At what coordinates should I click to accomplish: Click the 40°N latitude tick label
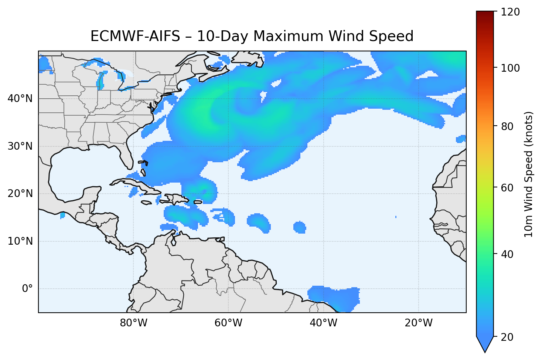[20, 99]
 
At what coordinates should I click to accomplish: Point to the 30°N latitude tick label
[20, 146]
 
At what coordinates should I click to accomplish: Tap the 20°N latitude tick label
[20, 194]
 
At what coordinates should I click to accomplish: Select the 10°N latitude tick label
[20, 241]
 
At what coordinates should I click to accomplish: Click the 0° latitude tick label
[27, 289]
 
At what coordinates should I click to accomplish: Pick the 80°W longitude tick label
[133, 323]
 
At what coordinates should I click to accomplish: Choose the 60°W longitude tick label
[228, 323]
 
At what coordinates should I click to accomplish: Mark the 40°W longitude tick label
[323, 323]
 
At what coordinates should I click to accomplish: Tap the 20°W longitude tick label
[418, 323]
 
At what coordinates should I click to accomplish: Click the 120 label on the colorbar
[511, 12]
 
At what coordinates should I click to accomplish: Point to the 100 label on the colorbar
[511, 68]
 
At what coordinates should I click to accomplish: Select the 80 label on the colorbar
[508, 126]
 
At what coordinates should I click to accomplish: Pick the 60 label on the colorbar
[508, 188]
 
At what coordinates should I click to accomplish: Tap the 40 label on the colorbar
[508, 254]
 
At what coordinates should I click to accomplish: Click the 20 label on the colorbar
[508, 337]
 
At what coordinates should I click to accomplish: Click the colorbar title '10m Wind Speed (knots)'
[529, 174]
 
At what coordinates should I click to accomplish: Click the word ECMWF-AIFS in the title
[135, 36]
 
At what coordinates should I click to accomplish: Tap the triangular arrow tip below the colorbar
[485, 346]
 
